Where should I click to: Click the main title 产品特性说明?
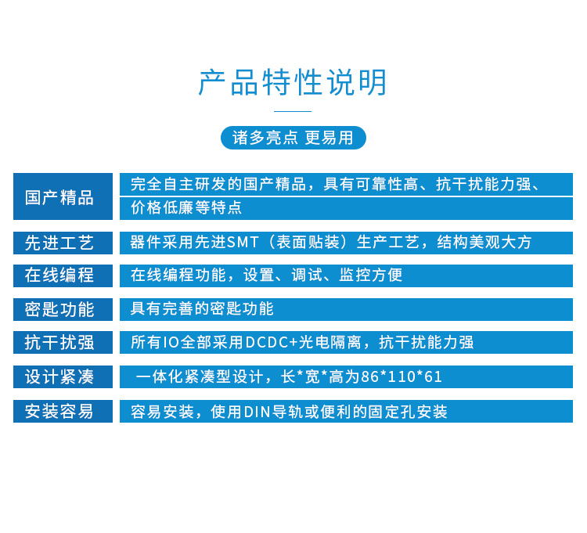click(293, 82)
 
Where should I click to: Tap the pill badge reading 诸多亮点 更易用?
click(293, 138)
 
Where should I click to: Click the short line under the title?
click(293, 111)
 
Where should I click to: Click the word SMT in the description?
click(243, 243)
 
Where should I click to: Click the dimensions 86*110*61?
click(402, 376)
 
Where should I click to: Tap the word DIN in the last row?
click(257, 412)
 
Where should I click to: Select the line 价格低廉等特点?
click(186, 207)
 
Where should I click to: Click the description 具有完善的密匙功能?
click(202, 309)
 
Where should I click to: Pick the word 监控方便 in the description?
click(371, 275)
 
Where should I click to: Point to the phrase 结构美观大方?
click(484, 242)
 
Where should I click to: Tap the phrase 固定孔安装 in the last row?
click(408, 412)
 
